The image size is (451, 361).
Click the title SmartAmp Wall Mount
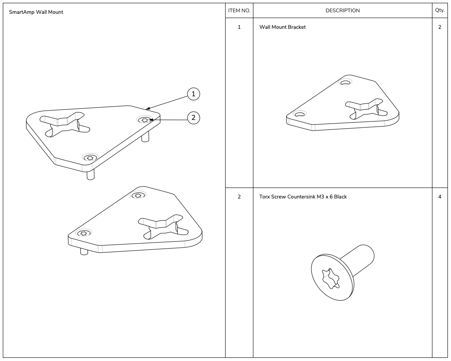(36, 12)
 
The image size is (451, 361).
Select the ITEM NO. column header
(239, 11)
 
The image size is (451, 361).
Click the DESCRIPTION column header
(342, 11)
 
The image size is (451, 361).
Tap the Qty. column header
(440, 11)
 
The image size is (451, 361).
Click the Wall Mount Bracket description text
(282, 27)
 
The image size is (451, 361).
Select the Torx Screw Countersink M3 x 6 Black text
(303, 196)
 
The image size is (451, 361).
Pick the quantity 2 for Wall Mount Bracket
(440, 27)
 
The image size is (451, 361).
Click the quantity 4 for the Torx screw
(440, 196)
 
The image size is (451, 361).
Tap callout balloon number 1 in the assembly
(193, 94)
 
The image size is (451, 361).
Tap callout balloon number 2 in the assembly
(193, 117)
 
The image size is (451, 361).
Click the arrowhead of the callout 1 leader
(147, 108)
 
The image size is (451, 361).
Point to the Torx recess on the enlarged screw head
(330, 279)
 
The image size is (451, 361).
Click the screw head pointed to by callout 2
(145, 120)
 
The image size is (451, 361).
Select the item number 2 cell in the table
(239, 196)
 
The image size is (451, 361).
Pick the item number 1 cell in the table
(239, 27)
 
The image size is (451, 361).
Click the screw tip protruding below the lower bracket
(84, 251)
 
